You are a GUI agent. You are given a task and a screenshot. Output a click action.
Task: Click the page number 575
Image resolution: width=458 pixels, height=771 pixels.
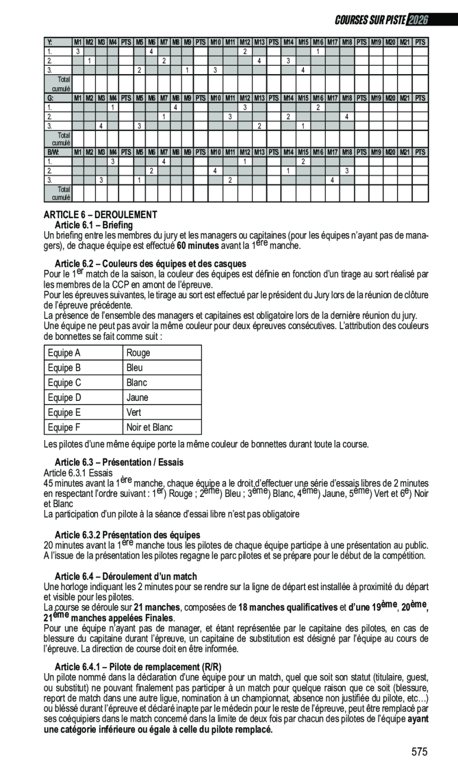(419, 752)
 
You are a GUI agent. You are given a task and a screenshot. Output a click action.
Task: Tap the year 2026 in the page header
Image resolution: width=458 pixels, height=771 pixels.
(417, 20)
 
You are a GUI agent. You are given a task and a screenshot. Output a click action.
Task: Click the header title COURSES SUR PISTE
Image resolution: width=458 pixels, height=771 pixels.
(370, 20)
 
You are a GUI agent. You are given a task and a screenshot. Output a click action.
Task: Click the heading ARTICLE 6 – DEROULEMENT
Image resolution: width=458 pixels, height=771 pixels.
(100, 215)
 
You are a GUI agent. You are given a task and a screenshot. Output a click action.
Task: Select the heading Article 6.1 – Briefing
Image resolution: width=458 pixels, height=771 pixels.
(94, 225)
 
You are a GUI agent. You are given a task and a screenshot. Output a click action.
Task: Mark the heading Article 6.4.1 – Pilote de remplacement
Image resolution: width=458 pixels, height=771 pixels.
(137, 667)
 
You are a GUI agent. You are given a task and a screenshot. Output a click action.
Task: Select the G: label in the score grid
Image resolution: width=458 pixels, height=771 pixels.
(50, 98)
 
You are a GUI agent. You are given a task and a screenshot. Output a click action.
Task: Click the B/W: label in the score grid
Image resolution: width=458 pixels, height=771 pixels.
(53, 152)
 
